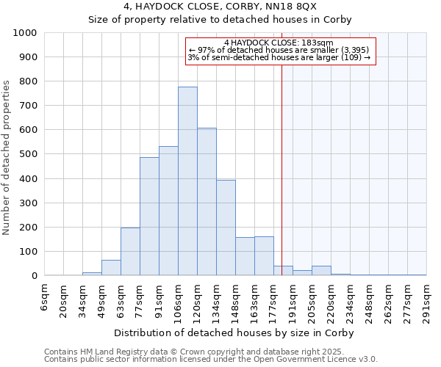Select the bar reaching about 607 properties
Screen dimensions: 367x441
tap(207, 202)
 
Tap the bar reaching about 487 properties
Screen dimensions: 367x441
tap(149, 217)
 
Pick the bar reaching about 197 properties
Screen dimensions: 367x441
tap(130, 252)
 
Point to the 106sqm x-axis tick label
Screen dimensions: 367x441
tap(179, 297)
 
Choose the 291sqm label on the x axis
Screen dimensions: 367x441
tap(427, 297)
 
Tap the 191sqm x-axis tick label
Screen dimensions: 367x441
tap(293, 297)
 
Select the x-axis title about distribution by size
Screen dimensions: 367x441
tap(235, 333)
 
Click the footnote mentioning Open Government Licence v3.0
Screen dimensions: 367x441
tap(211, 360)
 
